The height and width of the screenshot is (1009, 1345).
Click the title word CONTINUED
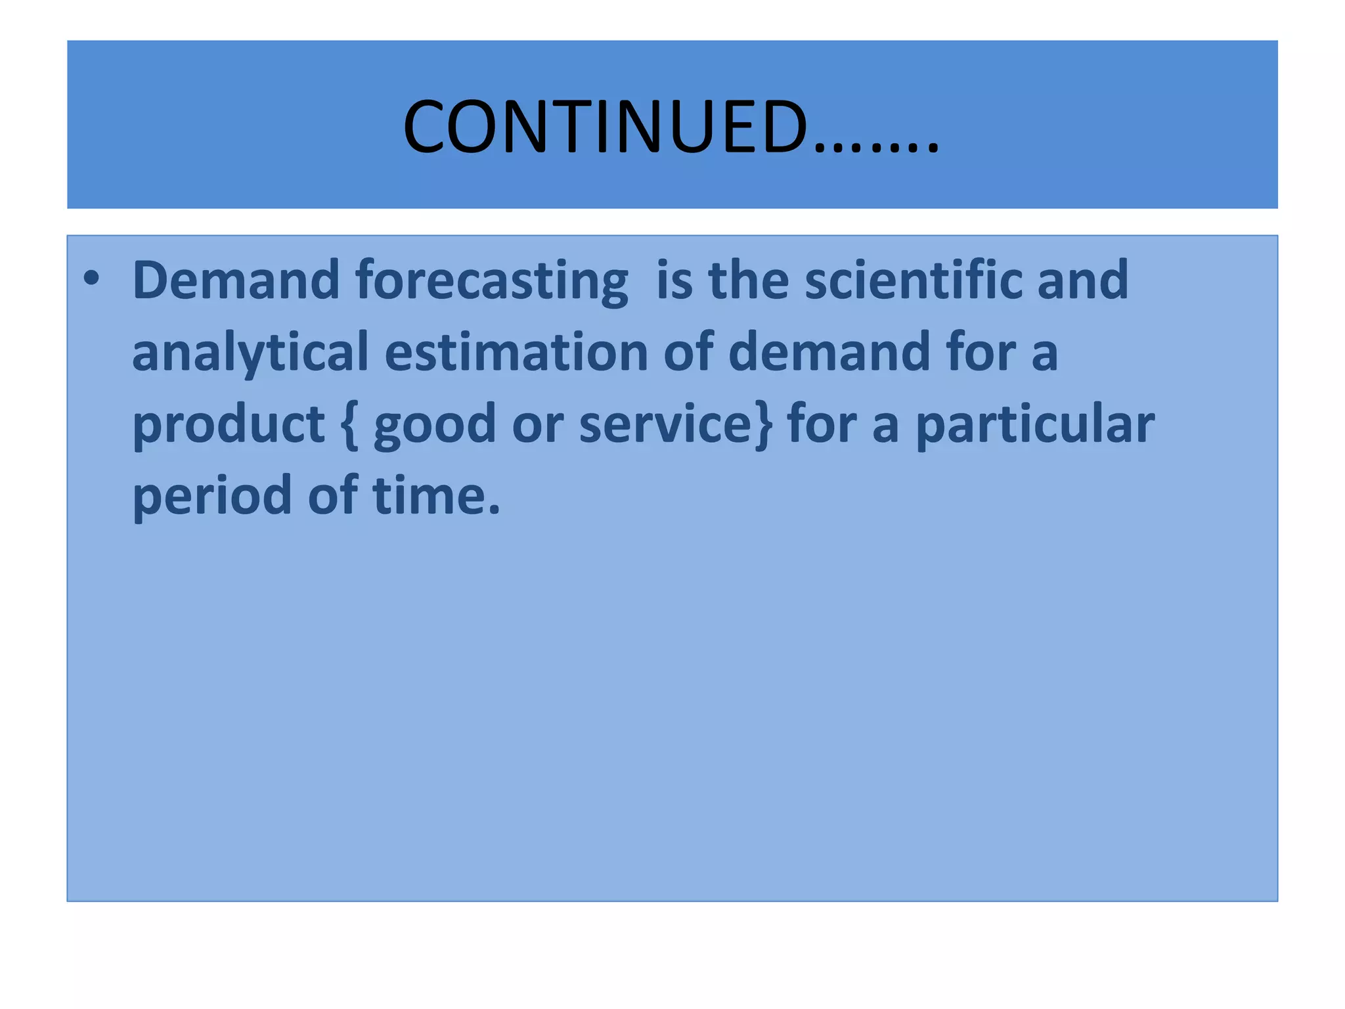(604, 127)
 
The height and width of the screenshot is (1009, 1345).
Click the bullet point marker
(92, 279)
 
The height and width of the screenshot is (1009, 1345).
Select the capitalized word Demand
(235, 280)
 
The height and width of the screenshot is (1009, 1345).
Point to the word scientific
(913, 280)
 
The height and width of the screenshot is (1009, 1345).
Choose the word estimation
(516, 352)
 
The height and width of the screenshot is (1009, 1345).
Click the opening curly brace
(350, 426)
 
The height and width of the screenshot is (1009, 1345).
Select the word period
(211, 497)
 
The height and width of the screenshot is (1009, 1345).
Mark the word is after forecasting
(674, 280)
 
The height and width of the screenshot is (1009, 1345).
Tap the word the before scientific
(748, 280)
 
